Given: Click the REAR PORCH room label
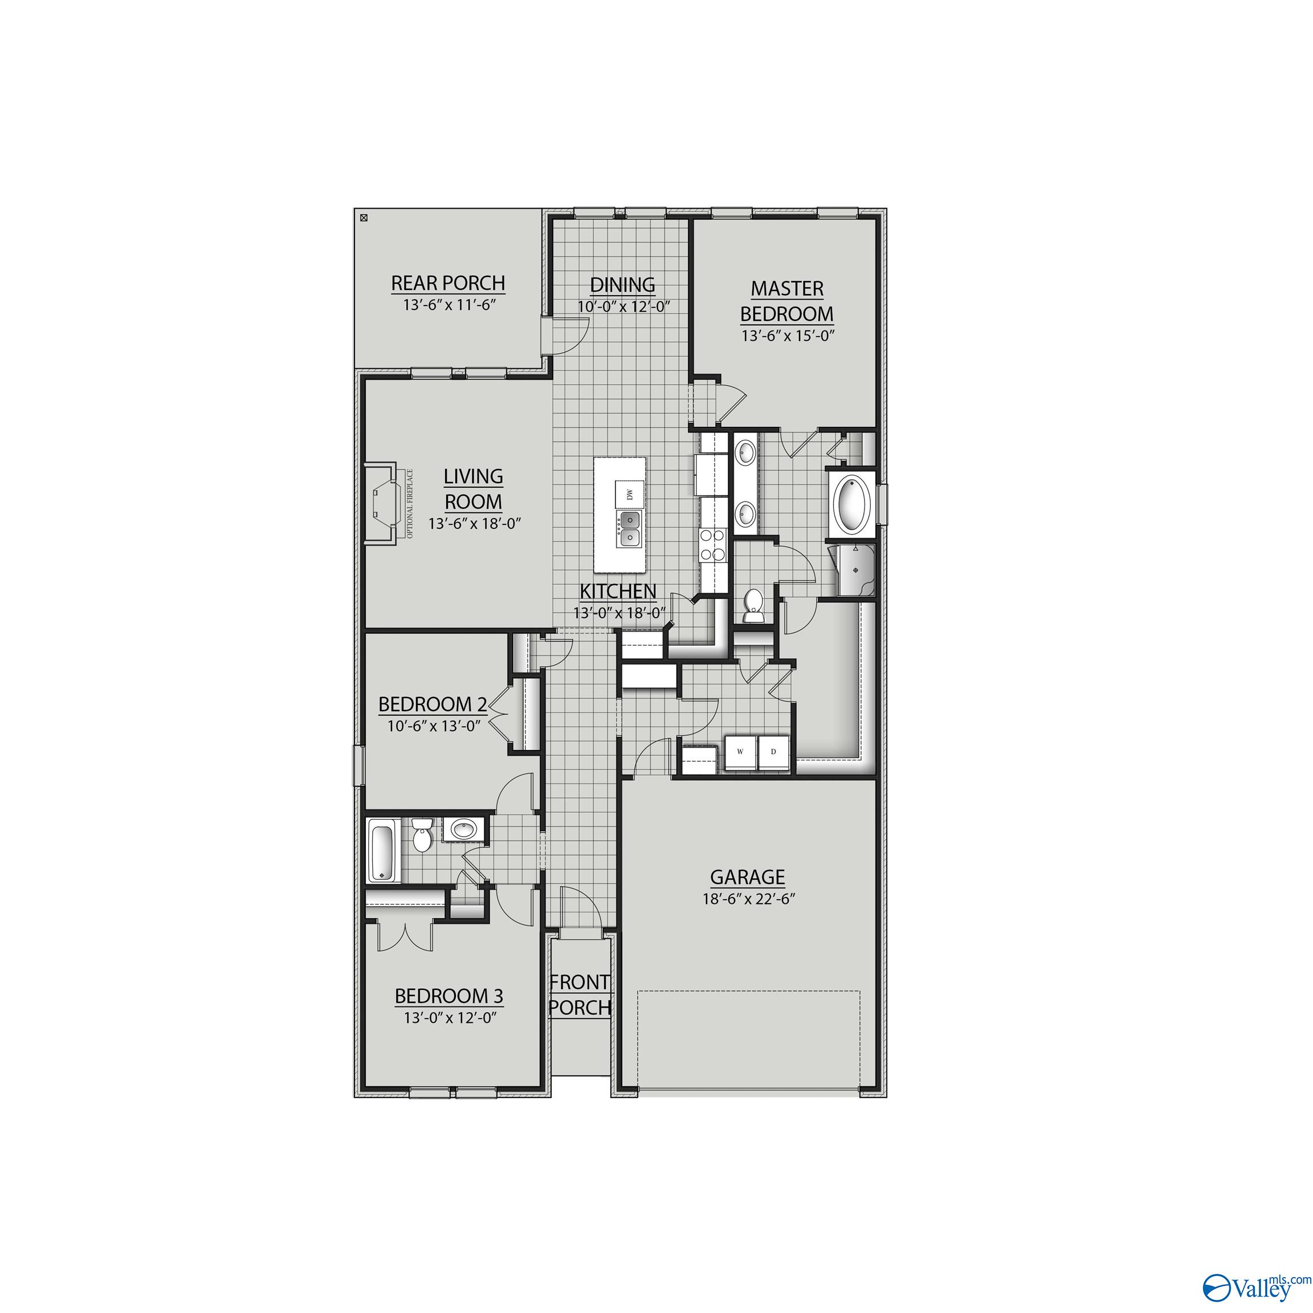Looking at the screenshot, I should (x=448, y=283).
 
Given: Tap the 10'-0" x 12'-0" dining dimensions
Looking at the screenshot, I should (x=624, y=307).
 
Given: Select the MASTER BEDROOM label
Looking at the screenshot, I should (x=787, y=301).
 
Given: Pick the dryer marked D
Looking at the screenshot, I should (x=773, y=752).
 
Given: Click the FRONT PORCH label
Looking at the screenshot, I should (x=580, y=995).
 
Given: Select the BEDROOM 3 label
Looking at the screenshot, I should (x=448, y=996).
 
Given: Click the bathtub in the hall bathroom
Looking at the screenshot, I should (x=382, y=851).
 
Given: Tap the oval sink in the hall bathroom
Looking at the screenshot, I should (x=465, y=829).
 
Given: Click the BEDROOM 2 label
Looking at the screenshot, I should (x=433, y=704).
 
